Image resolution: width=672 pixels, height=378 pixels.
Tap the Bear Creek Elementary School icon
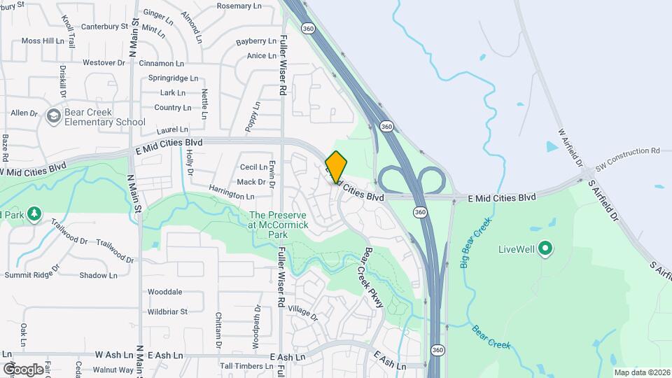pos(53,116)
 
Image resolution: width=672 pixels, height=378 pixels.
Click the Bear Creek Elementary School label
pos(105,117)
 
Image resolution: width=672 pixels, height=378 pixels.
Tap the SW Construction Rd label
pos(627,150)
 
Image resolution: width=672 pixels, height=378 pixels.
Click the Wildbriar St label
pos(167,311)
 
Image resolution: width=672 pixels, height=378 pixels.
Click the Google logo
pos(23,369)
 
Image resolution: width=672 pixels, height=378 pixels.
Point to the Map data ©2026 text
pos(641,372)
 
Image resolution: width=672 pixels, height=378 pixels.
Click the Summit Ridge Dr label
pos(30,274)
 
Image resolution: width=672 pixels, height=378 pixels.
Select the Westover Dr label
pos(104,62)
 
